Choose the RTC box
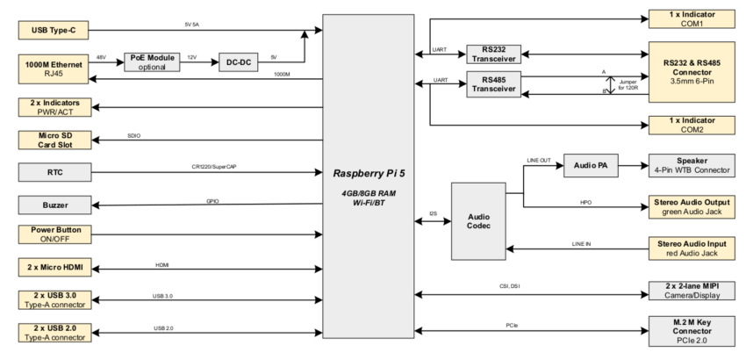(55, 172)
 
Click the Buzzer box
(55, 205)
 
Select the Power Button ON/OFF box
(55, 234)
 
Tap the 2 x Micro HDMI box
(55, 267)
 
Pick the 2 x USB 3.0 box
(55, 299)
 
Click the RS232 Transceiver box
(494, 54)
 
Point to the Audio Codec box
(480, 221)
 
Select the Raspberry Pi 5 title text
(367, 175)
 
